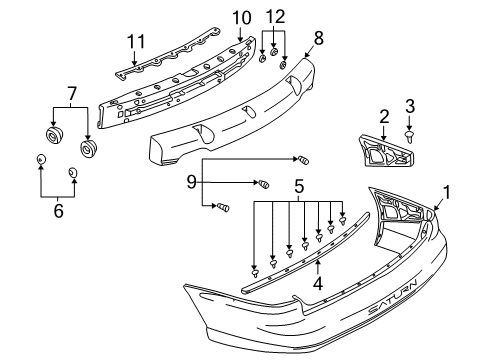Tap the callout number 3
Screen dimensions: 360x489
coord(409,107)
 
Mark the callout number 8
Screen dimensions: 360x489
coord(318,37)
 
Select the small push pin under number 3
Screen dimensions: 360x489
coord(410,131)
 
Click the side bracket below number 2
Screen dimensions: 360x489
coord(383,151)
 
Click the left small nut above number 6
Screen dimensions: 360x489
coord(41,160)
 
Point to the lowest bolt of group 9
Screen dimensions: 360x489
coord(223,207)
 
